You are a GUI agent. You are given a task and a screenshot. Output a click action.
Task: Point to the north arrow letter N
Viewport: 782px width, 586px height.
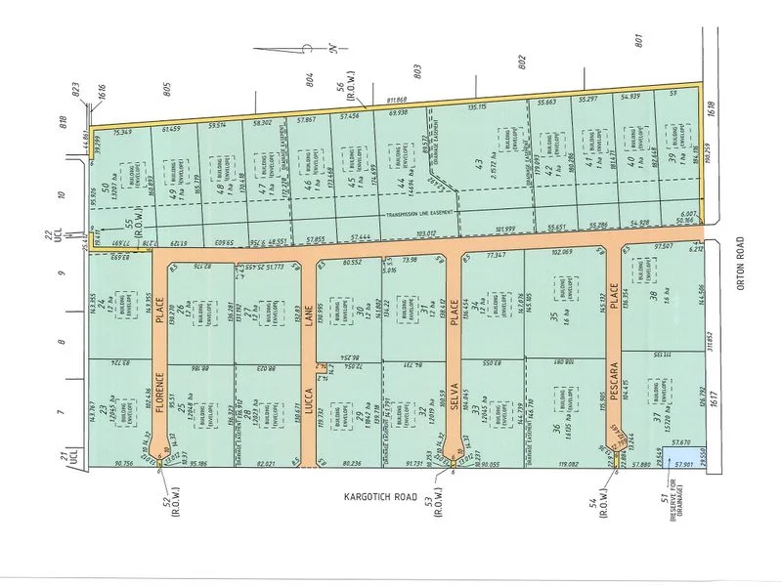click(330, 47)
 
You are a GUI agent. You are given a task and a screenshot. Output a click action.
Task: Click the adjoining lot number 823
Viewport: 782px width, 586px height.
click(74, 87)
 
